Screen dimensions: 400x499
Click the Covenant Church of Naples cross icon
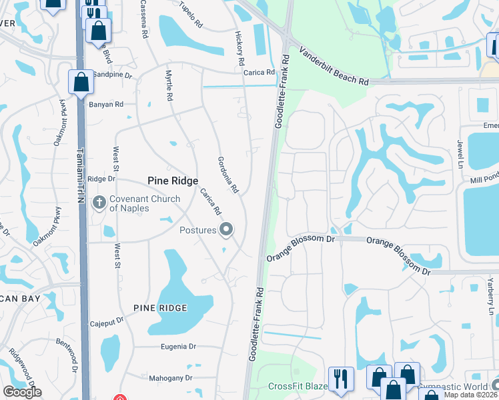99,202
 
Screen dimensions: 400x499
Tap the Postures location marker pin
226,230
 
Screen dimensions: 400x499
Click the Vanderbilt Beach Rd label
334,65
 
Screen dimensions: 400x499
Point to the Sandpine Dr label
113,75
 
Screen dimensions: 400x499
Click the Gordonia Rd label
228,175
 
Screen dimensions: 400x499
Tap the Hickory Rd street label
239,47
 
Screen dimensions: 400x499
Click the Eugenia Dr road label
178,347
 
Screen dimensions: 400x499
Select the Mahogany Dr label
170,377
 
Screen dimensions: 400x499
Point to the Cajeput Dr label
107,321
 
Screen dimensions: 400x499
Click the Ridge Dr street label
102,179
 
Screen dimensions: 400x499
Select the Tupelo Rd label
191,13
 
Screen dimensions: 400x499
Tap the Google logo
22,392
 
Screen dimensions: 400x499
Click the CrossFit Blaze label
298,387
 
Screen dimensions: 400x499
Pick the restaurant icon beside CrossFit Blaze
340,378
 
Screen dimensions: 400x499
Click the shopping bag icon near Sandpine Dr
81,83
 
